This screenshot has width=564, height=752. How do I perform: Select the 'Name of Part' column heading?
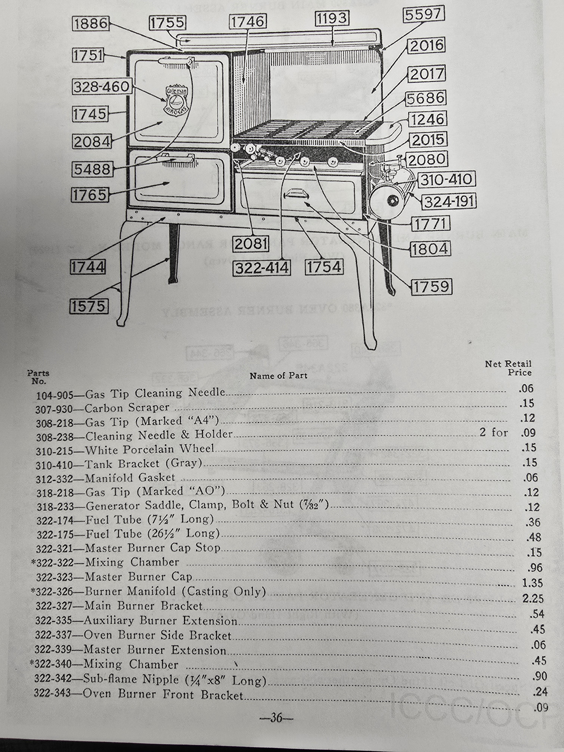278,376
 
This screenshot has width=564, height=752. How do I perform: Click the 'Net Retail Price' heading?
508,368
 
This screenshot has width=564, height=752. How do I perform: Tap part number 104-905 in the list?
54,395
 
